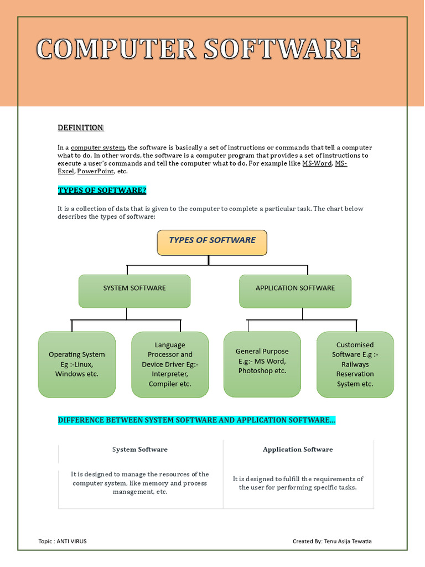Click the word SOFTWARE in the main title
pos(282,49)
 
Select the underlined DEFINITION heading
pos(80,128)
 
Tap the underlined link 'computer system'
pos(98,148)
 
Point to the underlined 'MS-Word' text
pos(317,164)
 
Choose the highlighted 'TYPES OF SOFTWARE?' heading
pos(102,191)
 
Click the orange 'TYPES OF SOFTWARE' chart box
pos(212,243)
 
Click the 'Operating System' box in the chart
pos(77,364)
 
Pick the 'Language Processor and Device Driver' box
pos(170,364)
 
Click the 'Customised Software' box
pos(355,364)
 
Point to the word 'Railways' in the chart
pos(355,364)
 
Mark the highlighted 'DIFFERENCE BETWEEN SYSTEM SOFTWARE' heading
pos(196,420)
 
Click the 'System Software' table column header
pos(140,450)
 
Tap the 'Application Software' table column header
pos(298,450)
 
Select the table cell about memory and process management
pos(140,483)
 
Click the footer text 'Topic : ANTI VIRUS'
pos(63,541)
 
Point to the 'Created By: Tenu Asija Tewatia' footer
pos(332,541)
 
